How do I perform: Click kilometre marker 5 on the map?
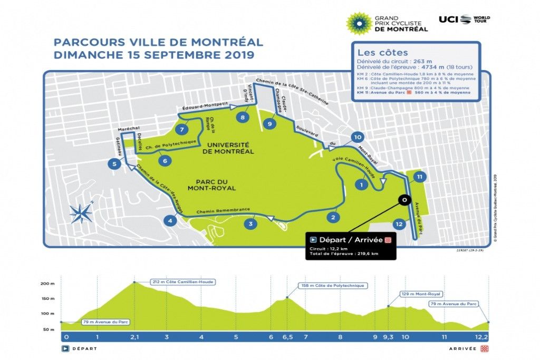(114, 164)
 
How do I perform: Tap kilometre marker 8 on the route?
(243, 118)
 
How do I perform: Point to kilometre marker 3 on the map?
(252, 224)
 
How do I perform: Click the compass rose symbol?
(81, 213)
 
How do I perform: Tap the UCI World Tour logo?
(464, 20)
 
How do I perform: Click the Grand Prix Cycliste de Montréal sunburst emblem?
(359, 22)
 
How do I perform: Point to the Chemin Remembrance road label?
(223, 210)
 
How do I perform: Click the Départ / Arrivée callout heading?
(350, 239)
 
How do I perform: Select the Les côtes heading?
(375, 53)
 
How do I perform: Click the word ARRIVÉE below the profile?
(462, 348)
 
